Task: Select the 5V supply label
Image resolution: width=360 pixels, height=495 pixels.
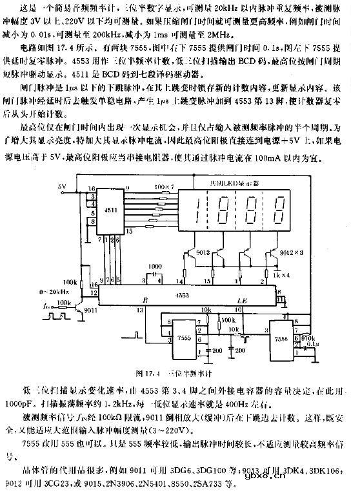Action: pyautogui.click(x=62, y=187)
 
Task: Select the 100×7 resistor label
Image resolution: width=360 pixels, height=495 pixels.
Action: pyautogui.click(x=166, y=187)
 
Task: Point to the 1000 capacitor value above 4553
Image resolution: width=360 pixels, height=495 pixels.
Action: pyautogui.click(x=155, y=267)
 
